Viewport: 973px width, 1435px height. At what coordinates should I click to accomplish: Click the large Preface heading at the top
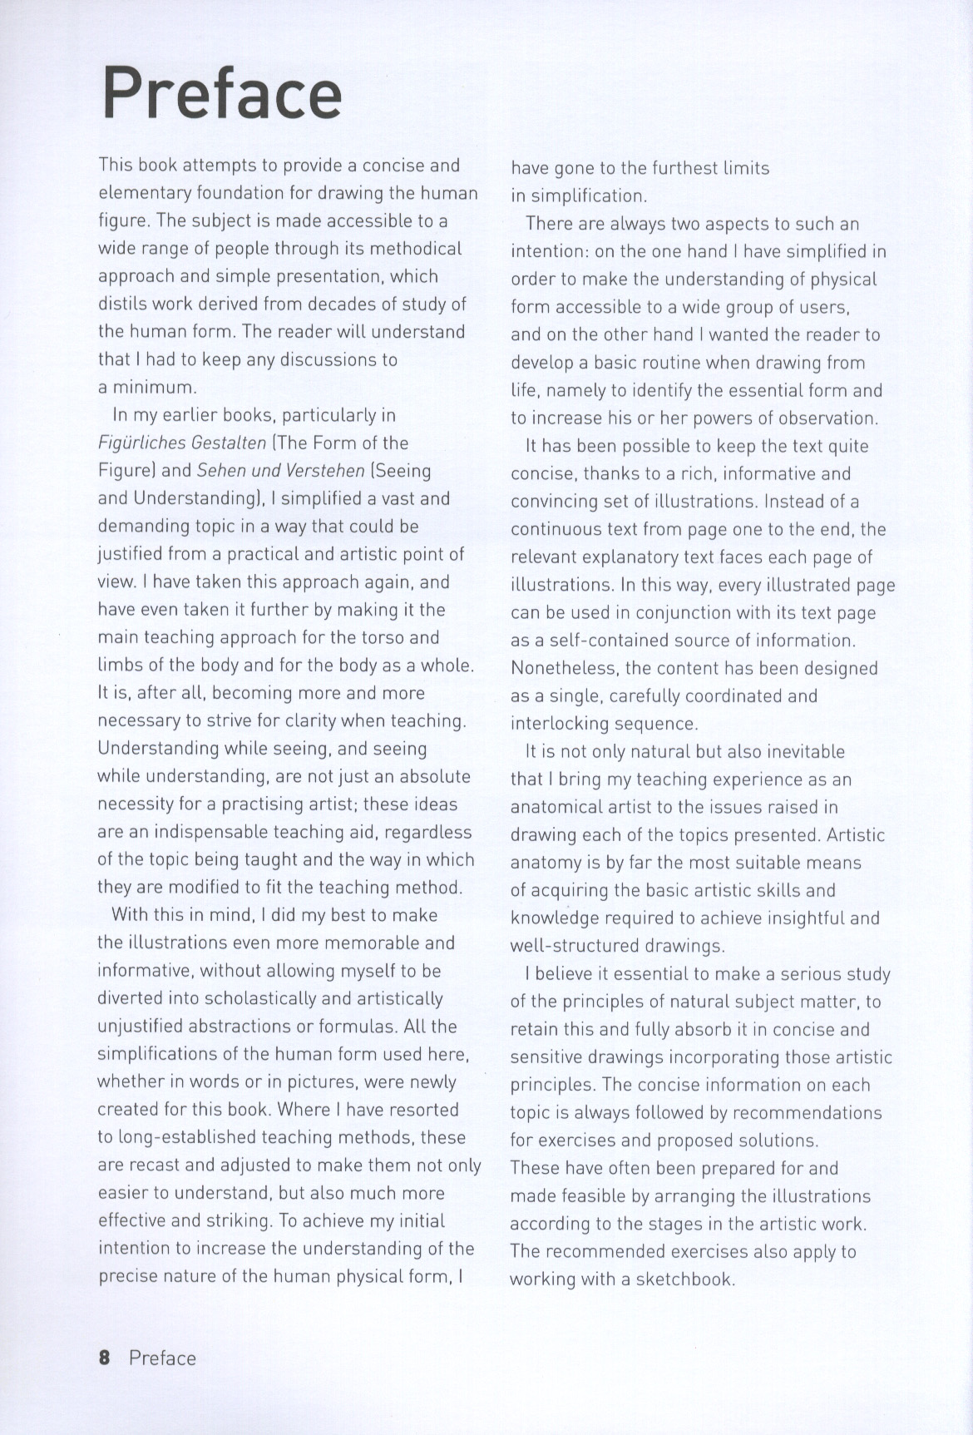click(x=221, y=93)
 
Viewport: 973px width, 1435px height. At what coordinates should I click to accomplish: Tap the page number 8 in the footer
click(x=104, y=1358)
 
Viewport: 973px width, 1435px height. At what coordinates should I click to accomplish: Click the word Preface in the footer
click(x=162, y=1358)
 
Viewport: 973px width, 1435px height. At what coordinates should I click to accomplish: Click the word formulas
click(x=371, y=1027)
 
